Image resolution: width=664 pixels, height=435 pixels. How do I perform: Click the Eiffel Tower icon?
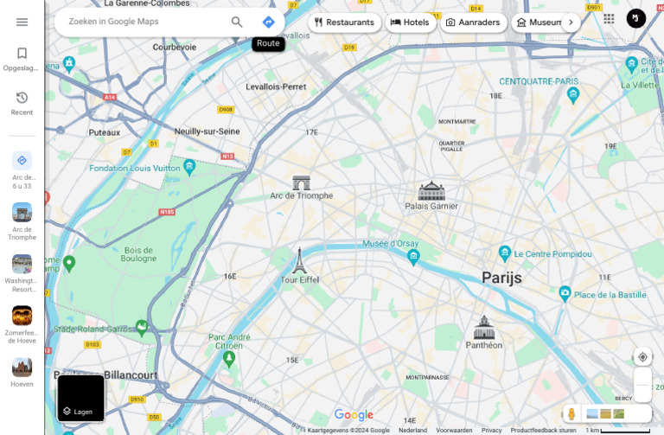tap(299, 260)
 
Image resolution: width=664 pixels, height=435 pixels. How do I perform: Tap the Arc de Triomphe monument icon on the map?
tap(301, 182)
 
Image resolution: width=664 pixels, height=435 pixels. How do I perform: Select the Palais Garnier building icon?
tap(431, 190)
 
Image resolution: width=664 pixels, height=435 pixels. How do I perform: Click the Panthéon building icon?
tap(483, 328)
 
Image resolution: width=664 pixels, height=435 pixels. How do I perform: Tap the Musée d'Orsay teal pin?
tap(413, 257)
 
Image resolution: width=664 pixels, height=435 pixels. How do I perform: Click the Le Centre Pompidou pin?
tap(505, 253)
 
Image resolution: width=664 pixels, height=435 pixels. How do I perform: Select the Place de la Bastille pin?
tap(565, 294)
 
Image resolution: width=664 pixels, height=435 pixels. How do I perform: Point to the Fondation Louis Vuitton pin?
tap(189, 167)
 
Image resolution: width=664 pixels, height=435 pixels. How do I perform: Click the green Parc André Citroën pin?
tap(229, 357)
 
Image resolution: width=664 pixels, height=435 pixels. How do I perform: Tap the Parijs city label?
tap(501, 278)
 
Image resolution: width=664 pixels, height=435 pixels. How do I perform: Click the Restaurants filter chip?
tap(345, 22)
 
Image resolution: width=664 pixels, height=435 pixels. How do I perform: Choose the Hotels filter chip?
tap(410, 22)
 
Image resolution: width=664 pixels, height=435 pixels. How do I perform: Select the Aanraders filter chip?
tap(474, 22)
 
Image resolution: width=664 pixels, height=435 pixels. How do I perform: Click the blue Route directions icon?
tap(268, 22)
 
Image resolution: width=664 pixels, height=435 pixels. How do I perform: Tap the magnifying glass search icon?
tap(237, 22)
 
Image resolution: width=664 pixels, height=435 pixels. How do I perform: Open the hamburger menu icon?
tap(22, 22)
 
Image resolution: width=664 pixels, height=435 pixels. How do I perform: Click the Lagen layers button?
tap(80, 399)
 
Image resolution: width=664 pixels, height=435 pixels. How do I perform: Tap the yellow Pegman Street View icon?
tap(571, 414)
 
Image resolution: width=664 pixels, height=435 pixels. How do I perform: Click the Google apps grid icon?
tap(609, 18)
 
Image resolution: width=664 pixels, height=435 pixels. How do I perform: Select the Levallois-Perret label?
tap(276, 86)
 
